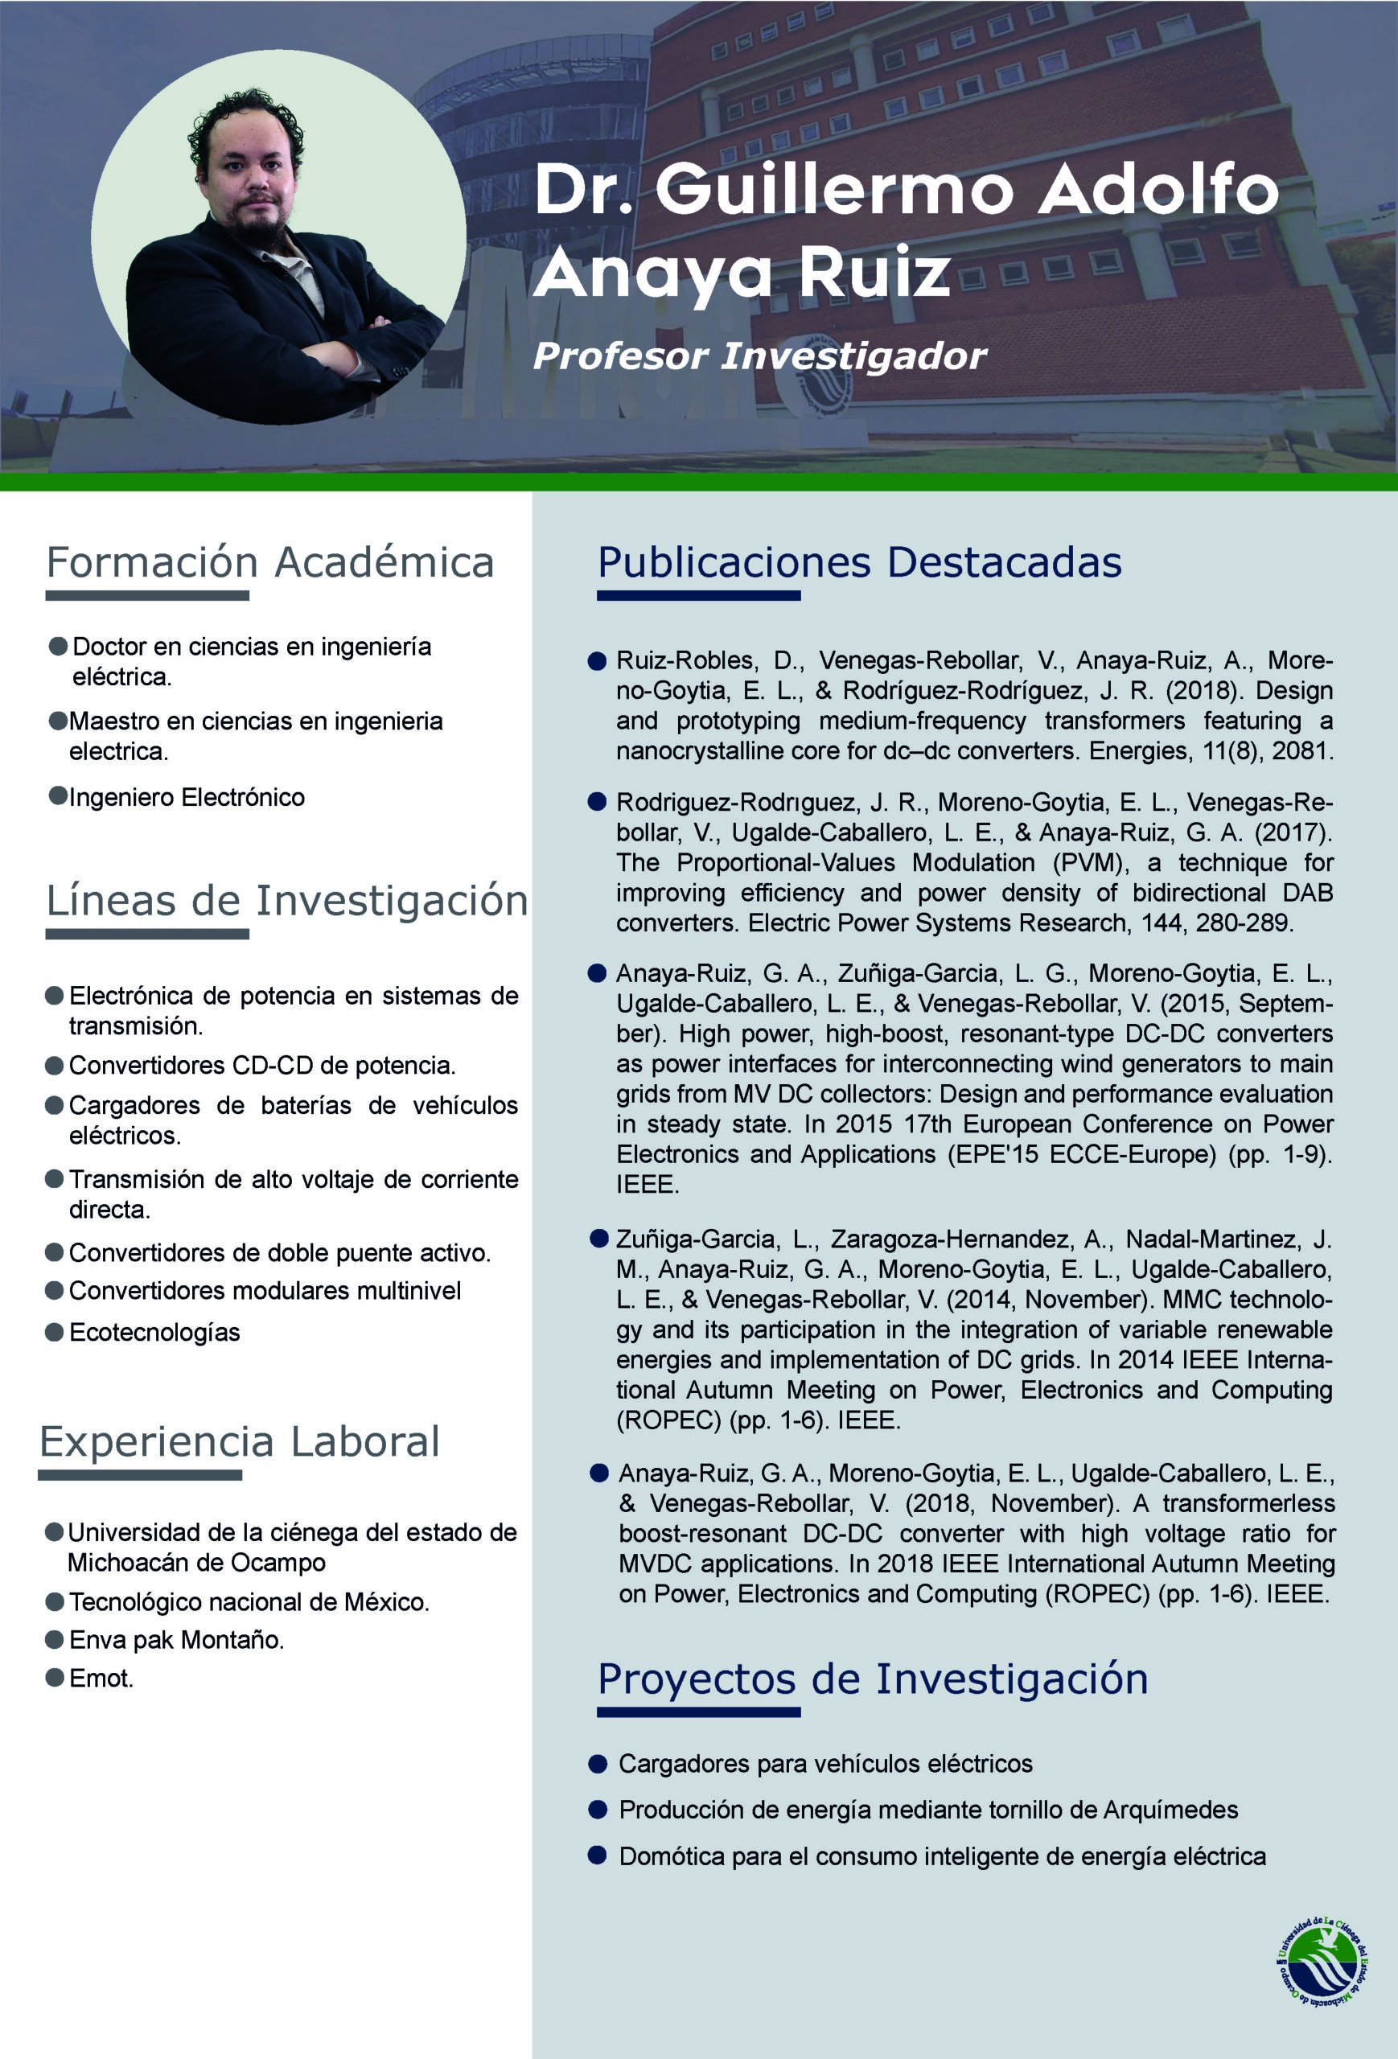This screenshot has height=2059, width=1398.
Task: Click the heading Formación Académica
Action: pos(269,562)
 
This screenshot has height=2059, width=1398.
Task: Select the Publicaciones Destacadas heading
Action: pos(859,562)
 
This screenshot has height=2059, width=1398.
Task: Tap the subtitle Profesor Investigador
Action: pos(759,356)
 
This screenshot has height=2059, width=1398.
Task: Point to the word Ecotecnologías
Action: pos(154,1333)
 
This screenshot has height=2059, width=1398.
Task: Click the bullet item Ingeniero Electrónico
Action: pos(187,797)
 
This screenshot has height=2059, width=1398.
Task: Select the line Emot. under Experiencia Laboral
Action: pos(101,1678)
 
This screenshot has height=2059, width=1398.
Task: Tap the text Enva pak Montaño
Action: pos(176,1640)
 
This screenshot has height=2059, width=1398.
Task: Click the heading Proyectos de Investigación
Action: pos(873,1679)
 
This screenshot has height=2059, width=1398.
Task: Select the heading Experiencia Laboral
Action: pos(239,1441)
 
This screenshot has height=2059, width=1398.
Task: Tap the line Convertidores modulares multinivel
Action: pos(265,1291)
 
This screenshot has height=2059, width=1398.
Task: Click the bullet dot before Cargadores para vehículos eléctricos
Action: pos(597,1764)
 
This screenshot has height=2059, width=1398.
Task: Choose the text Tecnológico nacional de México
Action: pos(249,1602)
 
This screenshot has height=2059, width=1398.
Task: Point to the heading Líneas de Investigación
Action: pos(287,901)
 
